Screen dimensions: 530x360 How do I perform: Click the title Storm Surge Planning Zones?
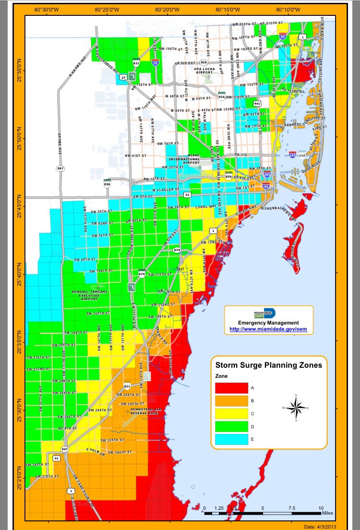click(x=268, y=365)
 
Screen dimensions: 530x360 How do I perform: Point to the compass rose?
click(x=297, y=408)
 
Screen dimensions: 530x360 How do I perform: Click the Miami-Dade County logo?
click(x=264, y=313)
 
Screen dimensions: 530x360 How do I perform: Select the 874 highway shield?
click(x=142, y=274)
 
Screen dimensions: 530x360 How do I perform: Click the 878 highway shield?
click(x=177, y=250)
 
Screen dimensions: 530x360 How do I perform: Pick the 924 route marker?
click(x=222, y=96)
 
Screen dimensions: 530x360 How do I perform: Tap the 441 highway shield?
click(x=257, y=103)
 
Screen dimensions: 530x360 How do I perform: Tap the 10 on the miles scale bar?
click(x=321, y=507)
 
